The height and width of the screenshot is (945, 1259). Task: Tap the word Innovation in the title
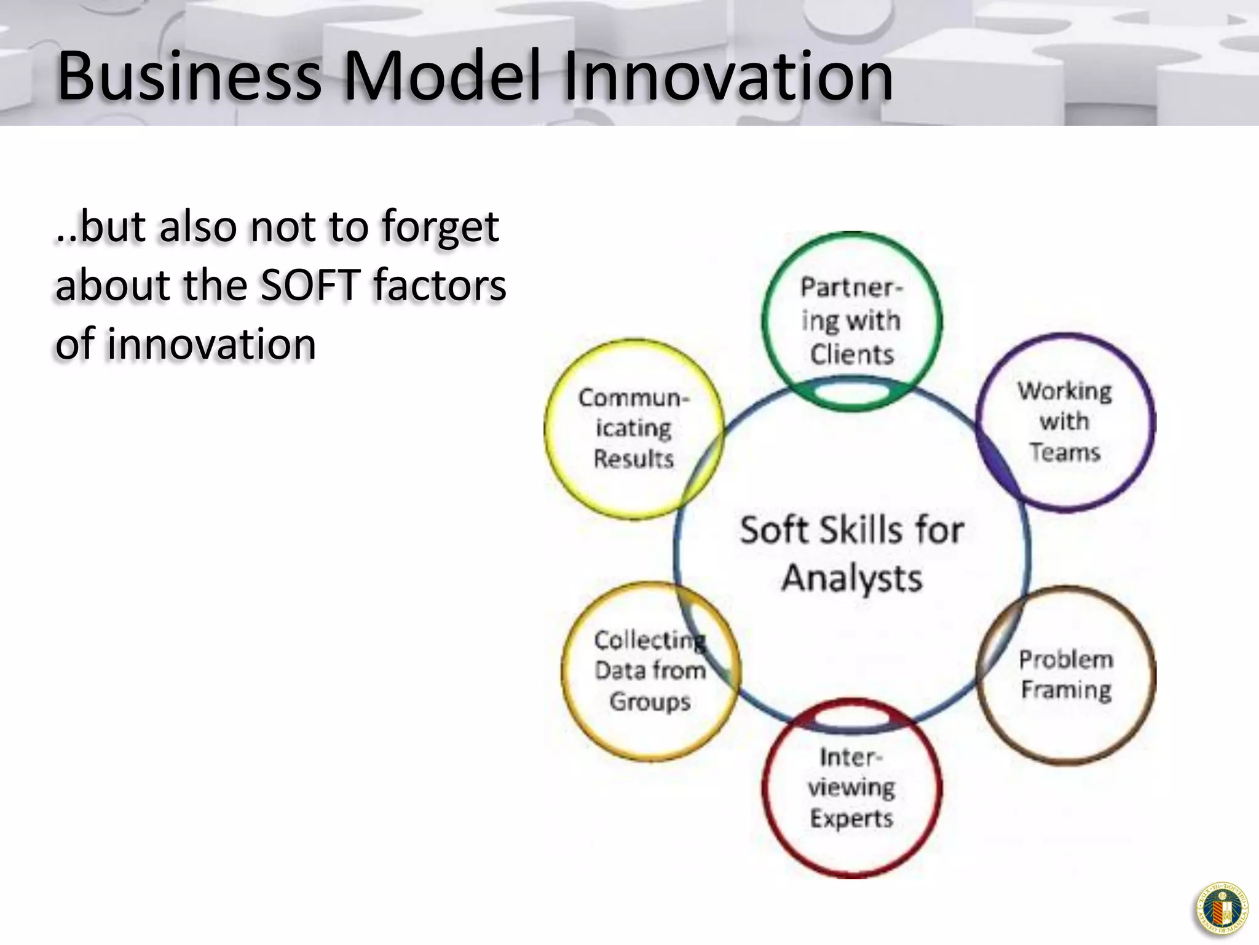[x=728, y=76]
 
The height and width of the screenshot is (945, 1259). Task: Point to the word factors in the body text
[x=440, y=285]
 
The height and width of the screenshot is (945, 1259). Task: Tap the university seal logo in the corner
[x=1222, y=908]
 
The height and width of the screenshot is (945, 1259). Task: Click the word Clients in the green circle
[x=852, y=354]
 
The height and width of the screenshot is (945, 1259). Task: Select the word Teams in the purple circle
[x=1065, y=452]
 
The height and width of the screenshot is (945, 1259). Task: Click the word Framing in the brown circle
[x=1066, y=690]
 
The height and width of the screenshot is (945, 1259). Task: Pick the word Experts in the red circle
[x=851, y=818]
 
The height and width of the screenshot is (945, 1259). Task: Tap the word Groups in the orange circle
[x=650, y=702]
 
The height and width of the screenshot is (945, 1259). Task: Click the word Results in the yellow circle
[x=634, y=459]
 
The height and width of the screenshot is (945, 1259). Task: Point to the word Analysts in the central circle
[x=852, y=578]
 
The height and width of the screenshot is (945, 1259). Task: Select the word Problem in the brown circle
[x=1066, y=660]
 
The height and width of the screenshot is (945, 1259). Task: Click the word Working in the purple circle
[x=1065, y=391]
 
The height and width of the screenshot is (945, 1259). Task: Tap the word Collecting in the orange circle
[x=649, y=640]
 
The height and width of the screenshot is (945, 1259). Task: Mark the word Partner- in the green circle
[x=851, y=287]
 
